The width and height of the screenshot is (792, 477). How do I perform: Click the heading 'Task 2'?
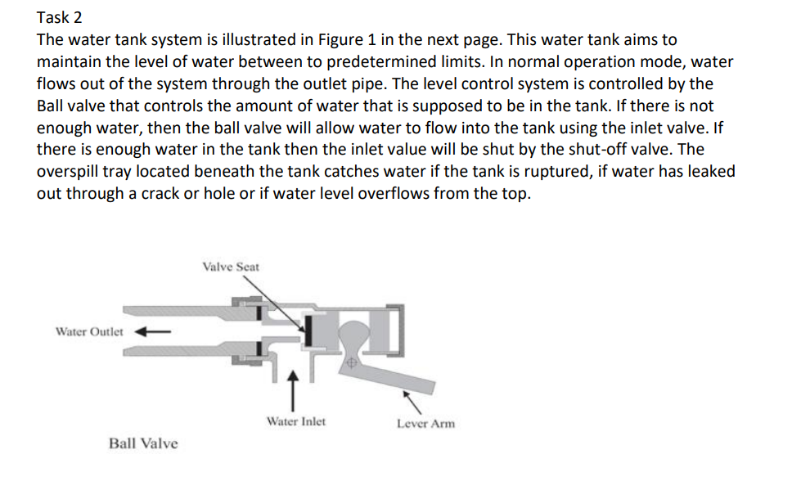(x=60, y=17)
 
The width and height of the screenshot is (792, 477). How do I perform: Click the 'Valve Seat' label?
(x=231, y=267)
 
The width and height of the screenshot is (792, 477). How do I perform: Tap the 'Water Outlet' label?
(x=89, y=332)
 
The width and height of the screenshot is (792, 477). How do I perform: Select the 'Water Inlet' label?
(x=295, y=421)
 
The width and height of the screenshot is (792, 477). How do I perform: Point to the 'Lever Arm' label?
(x=425, y=423)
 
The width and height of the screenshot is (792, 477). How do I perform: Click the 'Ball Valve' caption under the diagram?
(x=143, y=443)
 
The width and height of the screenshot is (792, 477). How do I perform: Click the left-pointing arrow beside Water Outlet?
(x=151, y=332)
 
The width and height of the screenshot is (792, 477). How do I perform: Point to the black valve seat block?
(x=309, y=332)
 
